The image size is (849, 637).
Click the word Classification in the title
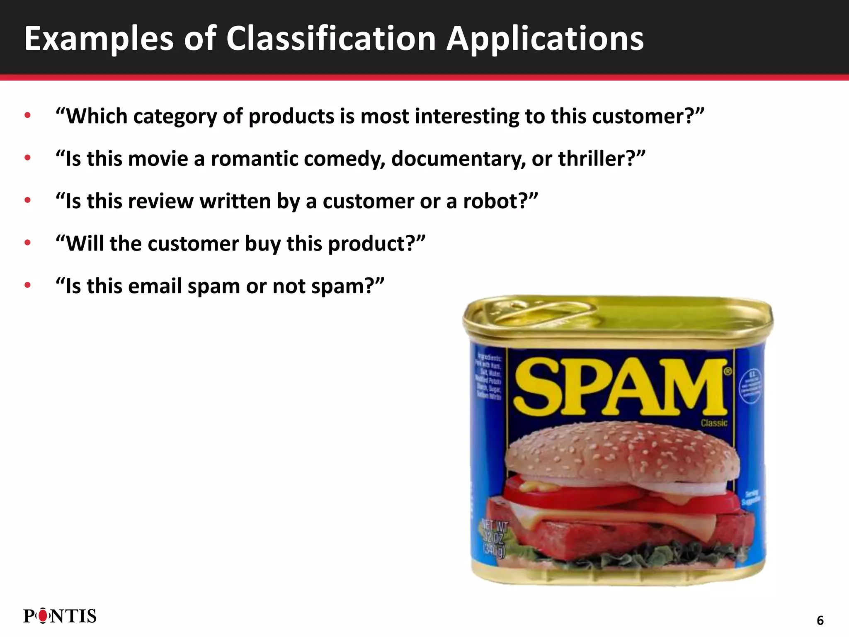(330, 39)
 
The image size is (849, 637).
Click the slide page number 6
(820, 620)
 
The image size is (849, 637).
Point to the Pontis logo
(60, 616)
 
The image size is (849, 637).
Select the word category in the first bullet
(175, 117)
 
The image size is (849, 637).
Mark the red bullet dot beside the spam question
(28, 285)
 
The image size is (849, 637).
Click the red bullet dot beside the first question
(28, 116)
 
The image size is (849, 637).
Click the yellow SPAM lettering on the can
(620, 388)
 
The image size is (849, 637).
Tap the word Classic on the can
(714, 423)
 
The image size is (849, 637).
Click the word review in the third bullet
(160, 201)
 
